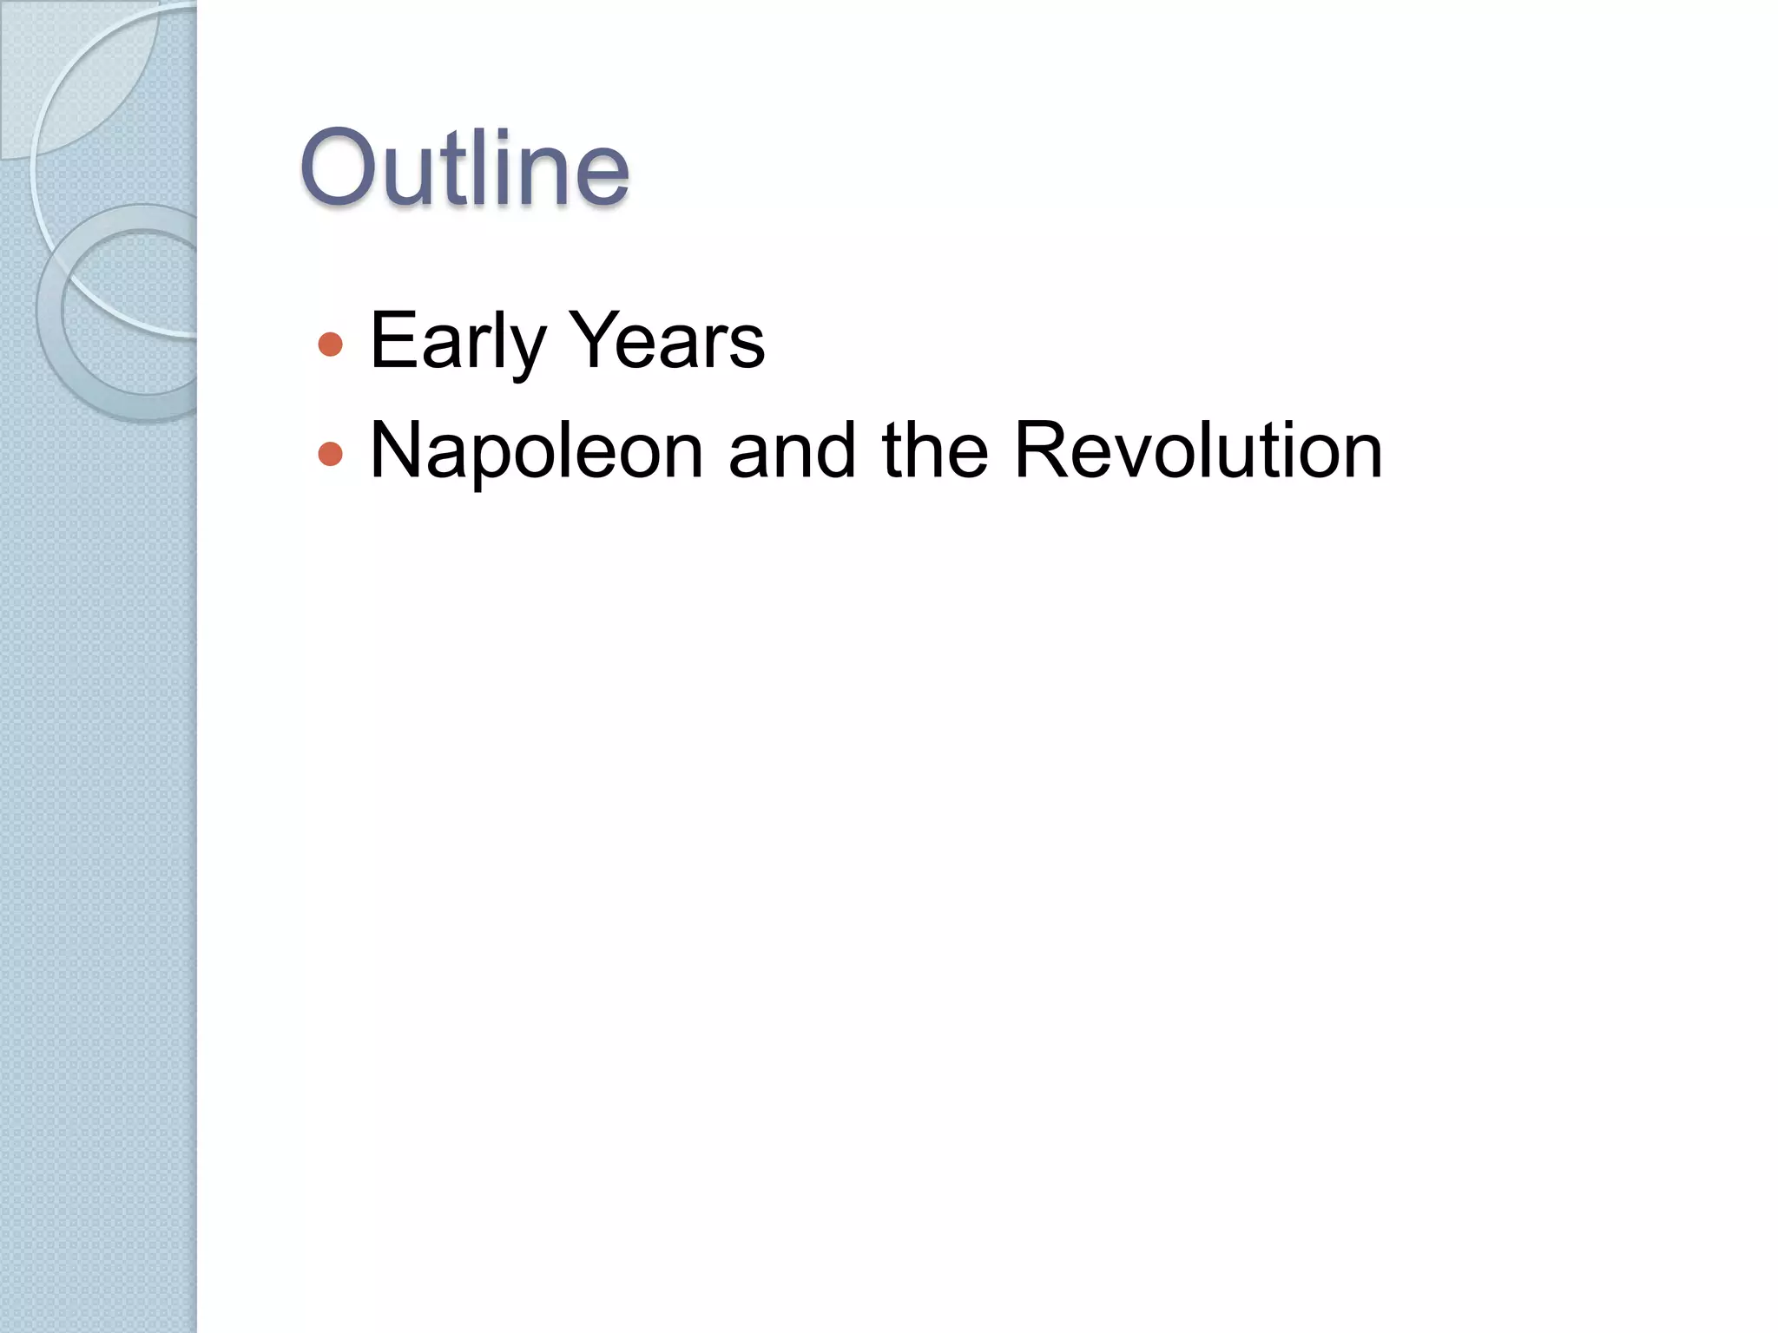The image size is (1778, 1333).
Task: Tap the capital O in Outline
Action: pos(341,168)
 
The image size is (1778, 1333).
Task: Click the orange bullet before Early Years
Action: pos(331,345)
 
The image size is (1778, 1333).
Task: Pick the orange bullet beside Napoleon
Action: pos(331,454)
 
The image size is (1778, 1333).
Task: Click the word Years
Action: pos(668,341)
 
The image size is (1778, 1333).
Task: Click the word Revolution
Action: pos(1198,451)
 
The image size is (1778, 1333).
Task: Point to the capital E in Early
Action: pos(391,340)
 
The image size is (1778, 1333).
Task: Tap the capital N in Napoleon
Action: pos(396,450)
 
